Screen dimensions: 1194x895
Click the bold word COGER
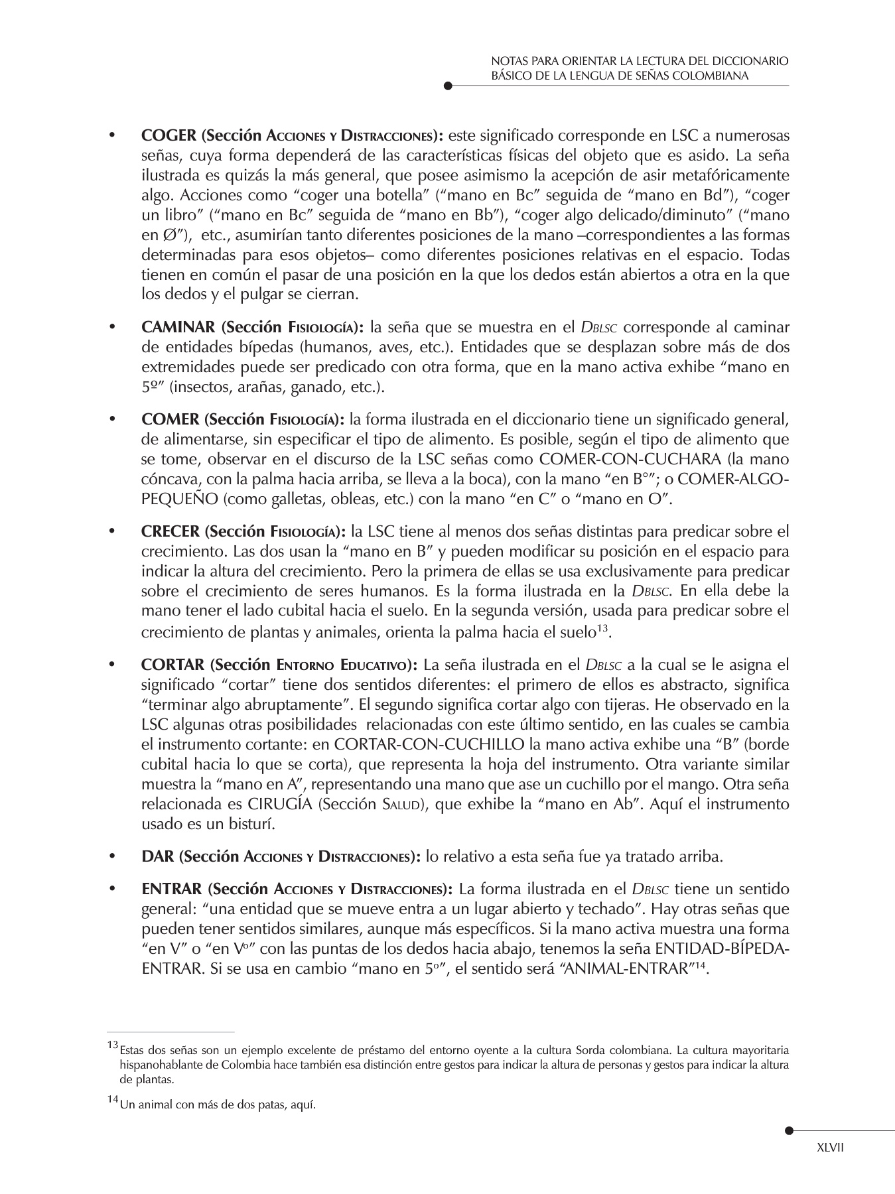click(x=169, y=136)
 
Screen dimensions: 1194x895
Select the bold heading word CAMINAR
click(x=178, y=327)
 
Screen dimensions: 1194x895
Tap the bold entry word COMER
click(x=170, y=419)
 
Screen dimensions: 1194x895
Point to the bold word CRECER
click(x=170, y=531)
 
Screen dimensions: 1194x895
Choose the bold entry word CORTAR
click(x=172, y=665)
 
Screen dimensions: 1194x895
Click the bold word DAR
click(x=157, y=856)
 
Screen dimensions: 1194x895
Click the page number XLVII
click(x=830, y=1148)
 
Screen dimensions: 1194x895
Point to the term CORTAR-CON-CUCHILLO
click(x=429, y=744)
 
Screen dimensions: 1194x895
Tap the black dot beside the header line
click(x=448, y=86)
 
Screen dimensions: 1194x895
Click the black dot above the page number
click(x=788, y=1131)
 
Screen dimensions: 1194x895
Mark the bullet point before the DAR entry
click(x=112, y=856)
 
